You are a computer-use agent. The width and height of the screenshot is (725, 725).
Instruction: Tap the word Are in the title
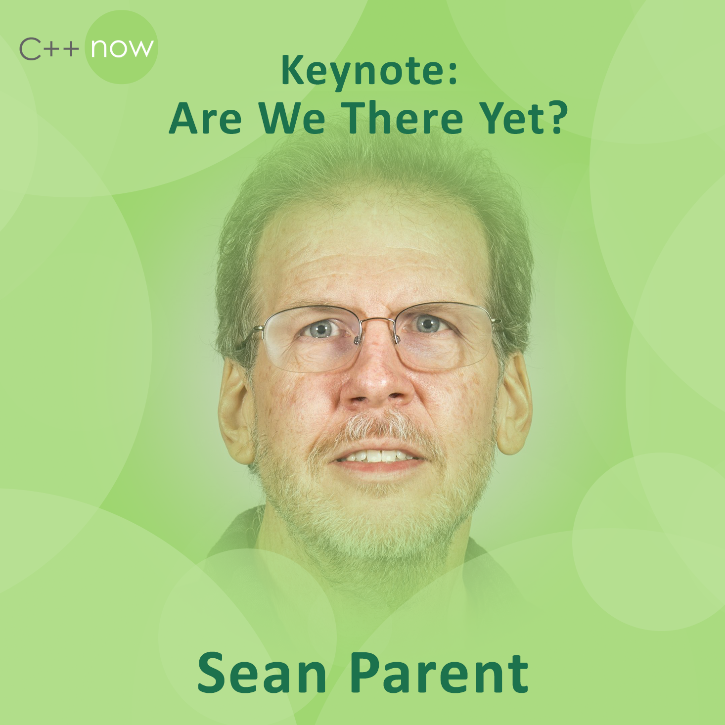205,118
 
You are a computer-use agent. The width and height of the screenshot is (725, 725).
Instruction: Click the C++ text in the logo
49,49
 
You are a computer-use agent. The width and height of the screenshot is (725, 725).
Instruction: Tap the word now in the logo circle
122,48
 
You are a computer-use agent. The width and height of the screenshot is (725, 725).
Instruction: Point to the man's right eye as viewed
428,323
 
